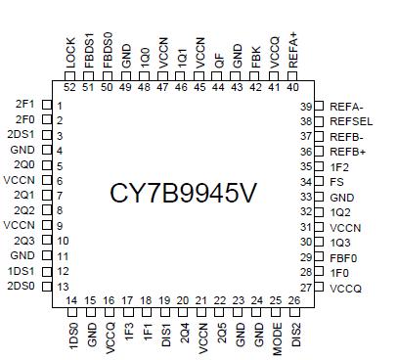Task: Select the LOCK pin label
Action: pos(69,53)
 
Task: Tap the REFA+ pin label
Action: pos(292,49)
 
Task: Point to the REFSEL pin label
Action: pos(351,121)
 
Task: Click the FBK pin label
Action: pos(255,55)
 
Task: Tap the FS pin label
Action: pos(336,182)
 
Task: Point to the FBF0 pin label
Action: pos(343,257)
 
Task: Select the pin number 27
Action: pos(306,288)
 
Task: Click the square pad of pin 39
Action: pos(320,106)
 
